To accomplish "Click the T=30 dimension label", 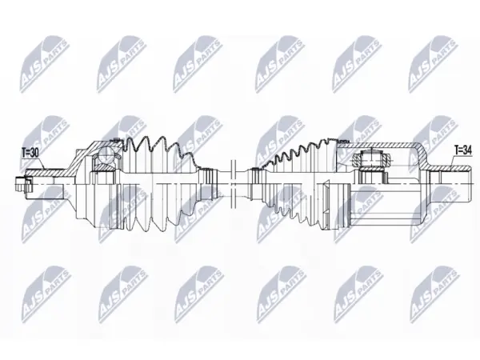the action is coord(30,153).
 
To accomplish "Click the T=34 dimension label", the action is coord(463,150).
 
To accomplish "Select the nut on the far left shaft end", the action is coord(22,185).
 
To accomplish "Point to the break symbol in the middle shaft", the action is coord(233,184).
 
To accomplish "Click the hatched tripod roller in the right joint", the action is coord(372,159).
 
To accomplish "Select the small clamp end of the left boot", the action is coord(208,183).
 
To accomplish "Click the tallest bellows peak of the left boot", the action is coord(144,136).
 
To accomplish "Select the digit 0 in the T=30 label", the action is coord(36,153).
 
